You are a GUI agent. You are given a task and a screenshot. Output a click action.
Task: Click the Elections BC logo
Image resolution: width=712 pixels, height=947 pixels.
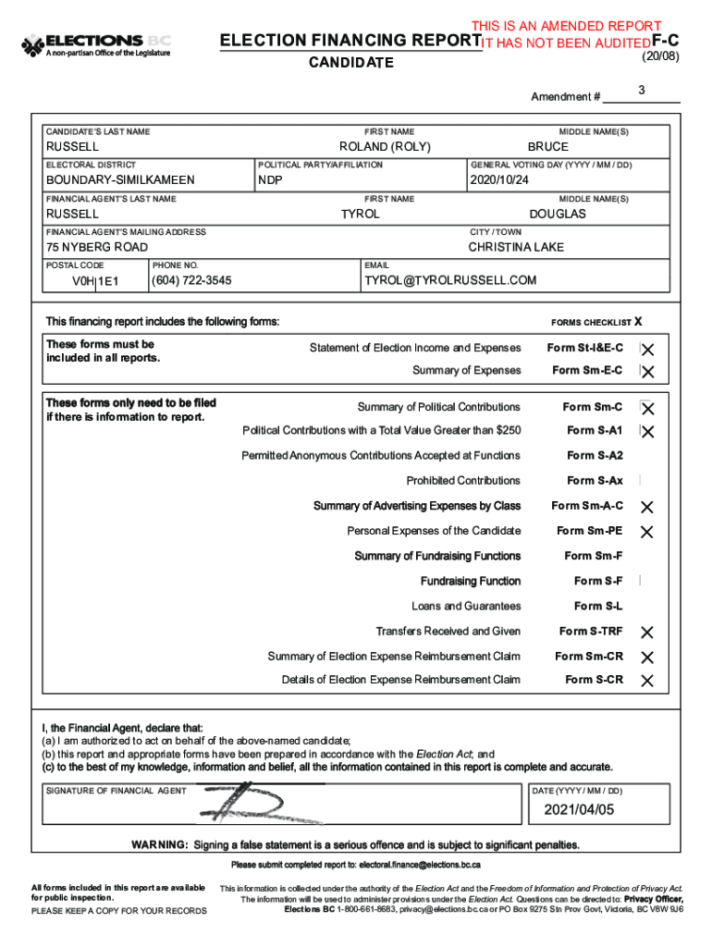pyautogui.click(x=96, y=45)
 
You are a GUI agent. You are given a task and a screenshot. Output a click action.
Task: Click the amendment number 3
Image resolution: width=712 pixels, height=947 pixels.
pyautogui.click(x=641, y=90)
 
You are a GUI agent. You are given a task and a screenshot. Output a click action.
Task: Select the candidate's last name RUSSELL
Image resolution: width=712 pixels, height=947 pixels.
pyautogui.click(x=73, y=147)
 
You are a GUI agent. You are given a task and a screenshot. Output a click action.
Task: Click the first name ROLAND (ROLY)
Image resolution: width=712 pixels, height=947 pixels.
pyautogui.click(x=385, y=147)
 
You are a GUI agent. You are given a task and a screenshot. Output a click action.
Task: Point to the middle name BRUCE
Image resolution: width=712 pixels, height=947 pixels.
pyautogui.click(x=548, y=147)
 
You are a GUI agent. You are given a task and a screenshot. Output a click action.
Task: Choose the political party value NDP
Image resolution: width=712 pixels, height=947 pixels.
pyautogui.click(x=270, y=180)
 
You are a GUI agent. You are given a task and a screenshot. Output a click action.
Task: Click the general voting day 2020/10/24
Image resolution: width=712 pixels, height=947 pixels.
pyautogui.click(x=498, y=180)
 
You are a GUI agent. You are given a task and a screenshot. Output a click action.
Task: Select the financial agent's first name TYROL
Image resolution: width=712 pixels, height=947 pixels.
pyautogui.click(x=361, y=214)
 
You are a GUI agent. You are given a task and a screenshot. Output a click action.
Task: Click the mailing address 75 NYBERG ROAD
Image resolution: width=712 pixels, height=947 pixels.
pyautogui.click(x=97, y=247)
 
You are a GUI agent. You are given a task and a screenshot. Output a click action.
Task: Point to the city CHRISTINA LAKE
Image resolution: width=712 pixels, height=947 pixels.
pyautogui.click(x=516, y=247)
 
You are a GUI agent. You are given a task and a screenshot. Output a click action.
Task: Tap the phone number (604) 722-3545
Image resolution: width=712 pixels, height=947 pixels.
pyautogui.click(x=191, y=280)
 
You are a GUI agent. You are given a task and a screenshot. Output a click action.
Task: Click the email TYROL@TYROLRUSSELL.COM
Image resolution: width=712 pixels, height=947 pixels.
pyautogui.click(x=450, y=280)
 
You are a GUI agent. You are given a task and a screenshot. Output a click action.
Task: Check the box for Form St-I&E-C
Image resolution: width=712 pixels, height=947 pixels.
pyautogui.click(x=647, y=350)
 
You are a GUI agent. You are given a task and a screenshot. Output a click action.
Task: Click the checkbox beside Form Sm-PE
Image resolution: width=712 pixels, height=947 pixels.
pyautogui.click(x=647, y=532)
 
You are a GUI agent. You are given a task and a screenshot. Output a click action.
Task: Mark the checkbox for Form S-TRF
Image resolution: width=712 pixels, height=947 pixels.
pyautogui.click(x=647, y=633)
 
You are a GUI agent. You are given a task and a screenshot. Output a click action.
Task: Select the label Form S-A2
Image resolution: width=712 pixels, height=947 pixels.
pyautogui.click(x=595, y=456)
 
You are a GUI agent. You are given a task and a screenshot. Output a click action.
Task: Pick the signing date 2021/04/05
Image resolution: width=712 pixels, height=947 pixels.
pyautogui.click(x=579, y=810)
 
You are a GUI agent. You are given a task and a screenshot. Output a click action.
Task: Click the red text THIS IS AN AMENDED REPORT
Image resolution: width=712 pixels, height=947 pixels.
pyautogui.click(x=566, y=26)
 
